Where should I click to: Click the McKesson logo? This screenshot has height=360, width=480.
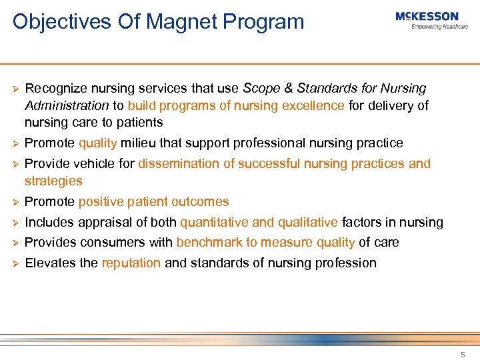click(x=427, y=17)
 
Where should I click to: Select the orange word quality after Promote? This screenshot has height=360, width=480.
click(x=97, y=143)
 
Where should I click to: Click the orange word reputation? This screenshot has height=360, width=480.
click(x=131, y=263)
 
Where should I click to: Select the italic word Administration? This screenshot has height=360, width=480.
click(x=66, y=105)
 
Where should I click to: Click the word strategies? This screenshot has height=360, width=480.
click(x=53, y=181)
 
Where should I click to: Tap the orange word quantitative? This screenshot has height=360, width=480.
click(x=213, y=222)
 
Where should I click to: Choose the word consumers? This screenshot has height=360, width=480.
click(x=104, y=242)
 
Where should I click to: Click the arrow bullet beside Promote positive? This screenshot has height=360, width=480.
click(x=13, y=202)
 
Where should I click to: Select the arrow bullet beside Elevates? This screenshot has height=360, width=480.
click(x=13, y=263)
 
